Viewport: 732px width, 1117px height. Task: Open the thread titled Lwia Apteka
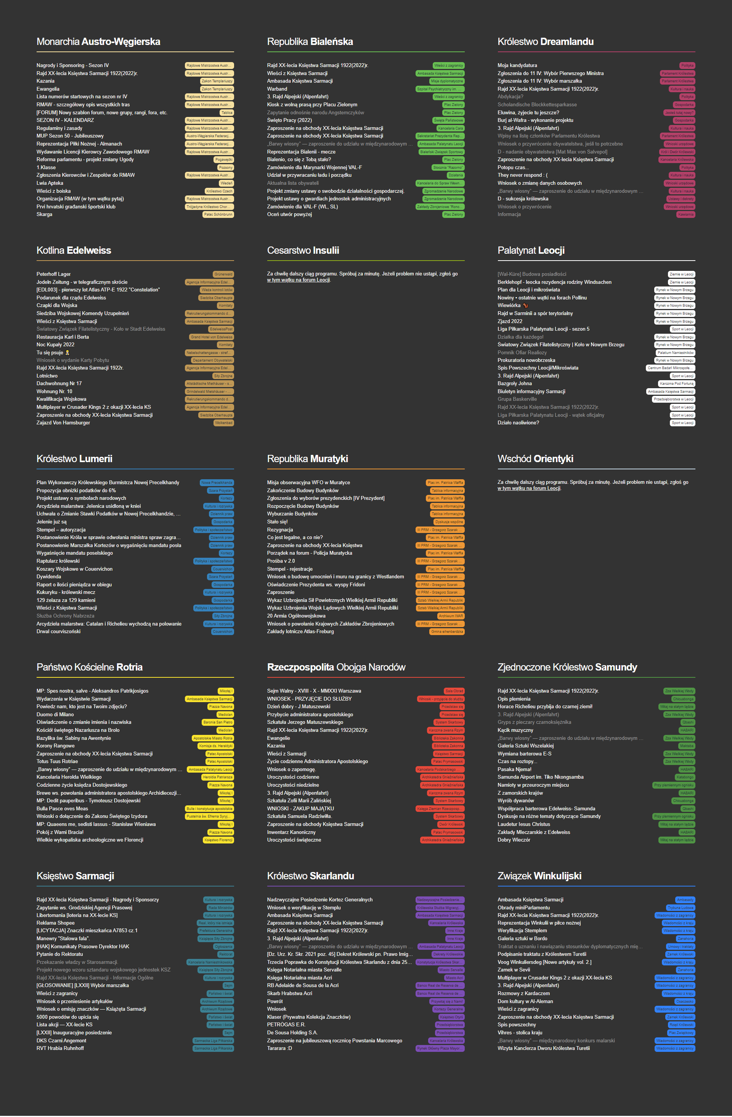tap(50, 183)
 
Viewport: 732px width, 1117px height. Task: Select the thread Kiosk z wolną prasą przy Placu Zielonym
tap(312, 105)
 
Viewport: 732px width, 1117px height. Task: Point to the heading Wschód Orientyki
tap(535, 459)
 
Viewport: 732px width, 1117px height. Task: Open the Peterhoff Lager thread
tap(53, 274)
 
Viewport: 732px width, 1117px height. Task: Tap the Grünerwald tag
tap(223, 274)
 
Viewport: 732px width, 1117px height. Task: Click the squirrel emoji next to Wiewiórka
tap(525, 306)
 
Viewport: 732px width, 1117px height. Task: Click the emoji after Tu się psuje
tap(67, 352)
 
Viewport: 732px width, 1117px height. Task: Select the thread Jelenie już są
tap(51, 522)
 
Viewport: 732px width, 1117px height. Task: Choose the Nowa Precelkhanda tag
tap(217, 482)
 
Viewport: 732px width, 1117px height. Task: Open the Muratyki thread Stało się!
tap(277, 522)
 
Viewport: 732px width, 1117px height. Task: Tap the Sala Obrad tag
tap(454, 691)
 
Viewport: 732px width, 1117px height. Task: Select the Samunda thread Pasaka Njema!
tap(514, 769)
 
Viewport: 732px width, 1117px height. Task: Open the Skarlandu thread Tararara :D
tap(279, 1048)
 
